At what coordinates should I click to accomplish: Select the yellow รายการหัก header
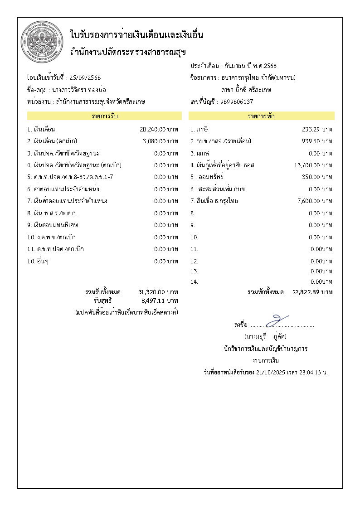point(261,116)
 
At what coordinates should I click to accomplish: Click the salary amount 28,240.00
point(153,129)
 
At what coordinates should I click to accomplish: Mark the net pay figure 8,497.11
point(153,300)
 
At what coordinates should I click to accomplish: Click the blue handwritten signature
point(277,320)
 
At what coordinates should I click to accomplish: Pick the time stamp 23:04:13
point(308,373)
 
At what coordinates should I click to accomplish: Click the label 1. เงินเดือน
point(41,129)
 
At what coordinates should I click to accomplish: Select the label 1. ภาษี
point(199,129)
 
